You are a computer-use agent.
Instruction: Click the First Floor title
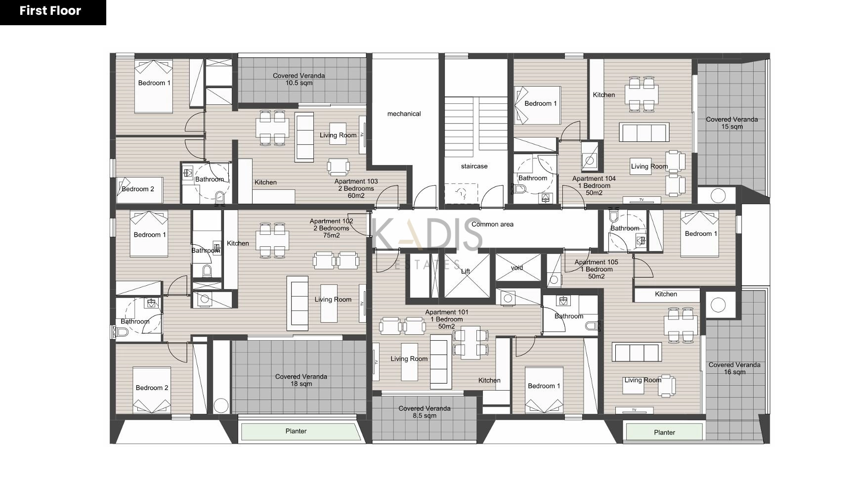[x=50, y=11]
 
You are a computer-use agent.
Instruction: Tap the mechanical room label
[x=404, y=114]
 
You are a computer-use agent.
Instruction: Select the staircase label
[x=474, y=166]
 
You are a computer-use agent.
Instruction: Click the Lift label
[x=466, y=271]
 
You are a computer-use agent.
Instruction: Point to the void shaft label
[x=517, y=267]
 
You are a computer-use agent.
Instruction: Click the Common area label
[x=492, y=224]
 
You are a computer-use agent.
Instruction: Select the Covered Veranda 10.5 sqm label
[x=299, y=79]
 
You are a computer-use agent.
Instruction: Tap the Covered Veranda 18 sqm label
[x=301, y=380]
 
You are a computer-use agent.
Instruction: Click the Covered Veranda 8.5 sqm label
[x=425, y=412]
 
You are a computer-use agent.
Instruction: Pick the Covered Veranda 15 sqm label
[x=731, y=123]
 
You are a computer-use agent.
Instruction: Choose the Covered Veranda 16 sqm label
[x=734, y=368]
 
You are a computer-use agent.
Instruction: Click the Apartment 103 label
[x=356, y=188]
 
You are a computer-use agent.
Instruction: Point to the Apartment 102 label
[x=331, y=228]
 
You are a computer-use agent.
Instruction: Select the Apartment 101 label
[x=446, y=319]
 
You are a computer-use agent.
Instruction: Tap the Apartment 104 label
[x=594, y=185]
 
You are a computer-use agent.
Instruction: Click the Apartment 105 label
[x=596, y=269]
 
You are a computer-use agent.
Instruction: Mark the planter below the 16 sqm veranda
[x=664, y=432]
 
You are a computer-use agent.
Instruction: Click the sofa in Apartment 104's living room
[x=644, y=133]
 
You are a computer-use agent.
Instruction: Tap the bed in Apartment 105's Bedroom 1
[x=699, y=234]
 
